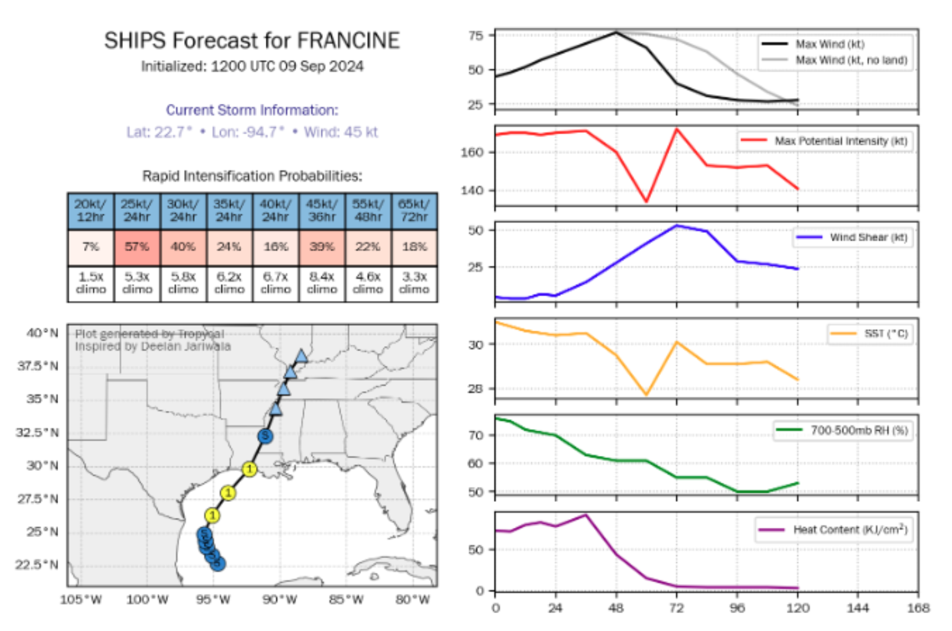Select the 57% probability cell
(x=137, y=247)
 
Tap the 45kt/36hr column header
(x=321, y=211)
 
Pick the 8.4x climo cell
(x=321, y=283)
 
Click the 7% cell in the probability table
(x=90, y=247)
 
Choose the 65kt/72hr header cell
(x=414, y=211)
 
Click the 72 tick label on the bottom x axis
(x=676, y=608)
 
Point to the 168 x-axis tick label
(x=918, y=608)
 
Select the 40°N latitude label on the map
(x=42, y=333)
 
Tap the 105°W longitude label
(x=80, y=599)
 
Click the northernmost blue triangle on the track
(x=301, y=355)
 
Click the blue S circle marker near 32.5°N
(x=265, y=436)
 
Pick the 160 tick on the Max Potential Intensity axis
(x=473, y=152)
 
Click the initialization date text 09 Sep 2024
(x=321, y=67)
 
